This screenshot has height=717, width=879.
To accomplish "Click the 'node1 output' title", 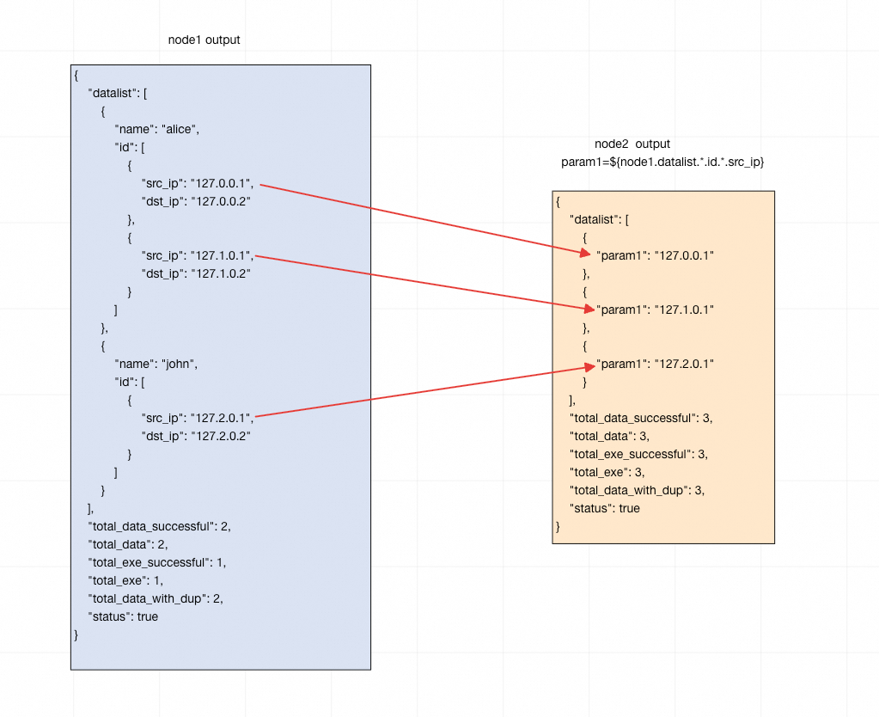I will (x=204, y=40).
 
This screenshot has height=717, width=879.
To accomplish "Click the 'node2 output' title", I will (x=632, y=144).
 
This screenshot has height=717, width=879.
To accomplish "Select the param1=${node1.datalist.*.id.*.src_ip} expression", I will (x=662, y=162).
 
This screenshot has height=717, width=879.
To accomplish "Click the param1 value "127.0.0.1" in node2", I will (x=685, y=255).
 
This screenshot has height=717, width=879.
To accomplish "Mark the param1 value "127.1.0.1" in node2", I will (x=685, y=309).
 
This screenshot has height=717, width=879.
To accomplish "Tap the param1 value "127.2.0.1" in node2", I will (x=685, y=364).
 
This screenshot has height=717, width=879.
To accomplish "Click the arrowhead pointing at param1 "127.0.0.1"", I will (x=585, y=252).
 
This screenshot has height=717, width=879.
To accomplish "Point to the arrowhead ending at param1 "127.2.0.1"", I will (x=586, y=367).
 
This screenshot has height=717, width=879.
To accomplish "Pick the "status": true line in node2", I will (x=605, y=508).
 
